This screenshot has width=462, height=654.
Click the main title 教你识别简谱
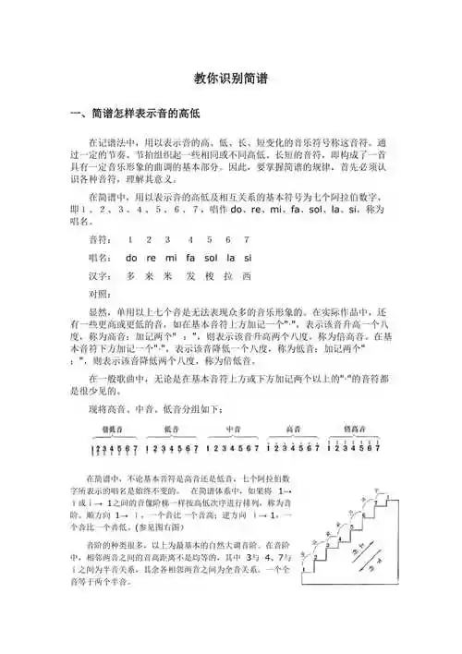coord(231,80)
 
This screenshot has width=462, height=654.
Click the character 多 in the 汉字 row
coord(132,275)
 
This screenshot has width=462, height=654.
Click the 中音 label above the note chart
coord(234,428)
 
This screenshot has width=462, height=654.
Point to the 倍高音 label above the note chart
coord(354,428)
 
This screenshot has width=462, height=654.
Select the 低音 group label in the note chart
coord(174,428)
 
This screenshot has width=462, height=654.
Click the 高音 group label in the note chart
coord(294,428)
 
